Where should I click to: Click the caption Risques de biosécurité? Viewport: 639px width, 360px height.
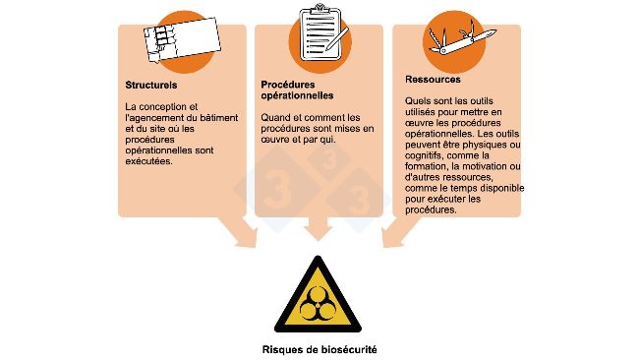319,348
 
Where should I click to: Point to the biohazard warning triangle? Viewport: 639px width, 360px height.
319,296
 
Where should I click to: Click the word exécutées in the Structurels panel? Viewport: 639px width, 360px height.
148,161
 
